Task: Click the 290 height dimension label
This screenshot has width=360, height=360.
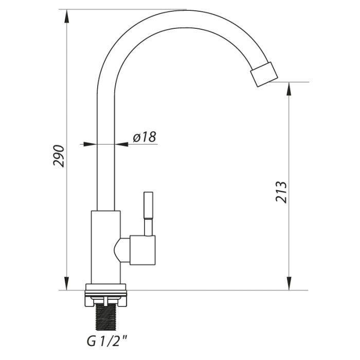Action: tap(59, 156)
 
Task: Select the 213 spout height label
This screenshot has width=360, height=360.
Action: tap(281, 192)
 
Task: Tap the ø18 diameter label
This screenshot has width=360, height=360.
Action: tap(145, 137)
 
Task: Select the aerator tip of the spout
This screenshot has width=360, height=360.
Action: tap(264, 74)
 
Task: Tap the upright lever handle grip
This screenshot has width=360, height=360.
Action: tap(148, 205)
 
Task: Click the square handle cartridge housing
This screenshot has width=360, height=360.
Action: tap(142, 250)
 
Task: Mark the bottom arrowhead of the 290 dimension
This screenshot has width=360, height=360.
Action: tap(66, 283)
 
